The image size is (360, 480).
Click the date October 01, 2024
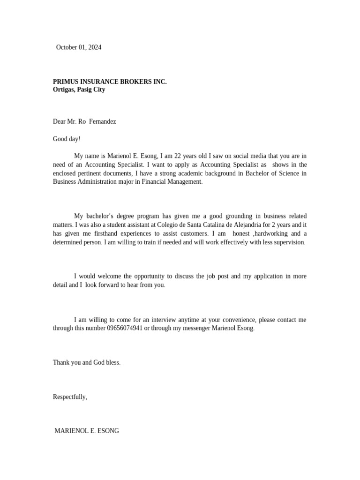pyautogui.click(x=78, y=47)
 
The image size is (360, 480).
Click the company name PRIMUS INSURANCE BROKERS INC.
pyautogui.click(x=110, y=82)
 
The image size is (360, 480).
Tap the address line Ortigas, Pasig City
pyautogui.click(x=79, y=90)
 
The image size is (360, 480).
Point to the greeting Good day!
pyautogui.click(x=67, y=139)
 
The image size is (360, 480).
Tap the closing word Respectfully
pyautogui.click(x=69, y=397)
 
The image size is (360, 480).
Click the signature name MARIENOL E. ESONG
pyautogui.click(x=87, y=431)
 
